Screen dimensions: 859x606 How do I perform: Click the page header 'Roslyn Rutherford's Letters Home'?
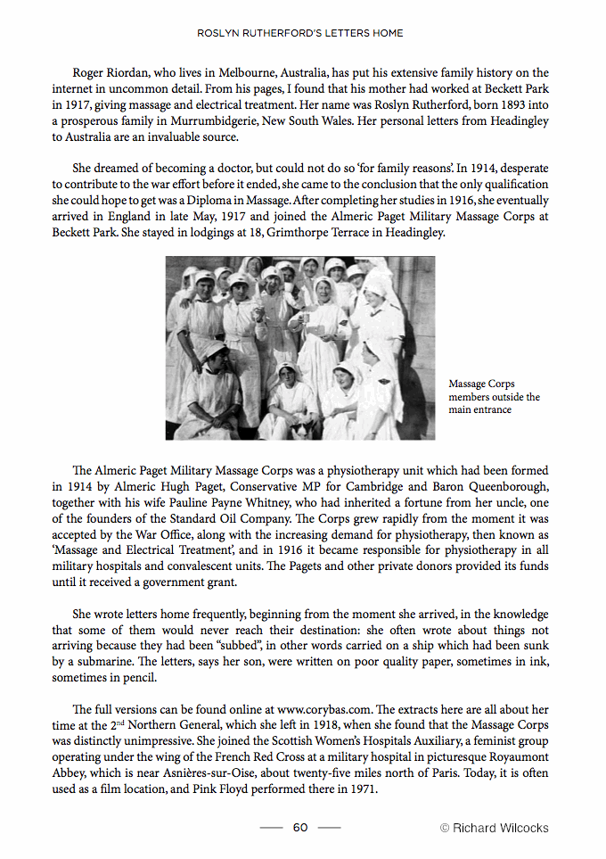click(300, 33)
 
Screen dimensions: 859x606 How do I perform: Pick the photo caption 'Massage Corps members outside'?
click(494, 396)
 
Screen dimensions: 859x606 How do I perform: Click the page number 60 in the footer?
click(300, 828)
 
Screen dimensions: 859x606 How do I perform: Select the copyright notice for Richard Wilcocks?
click(495, 828)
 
